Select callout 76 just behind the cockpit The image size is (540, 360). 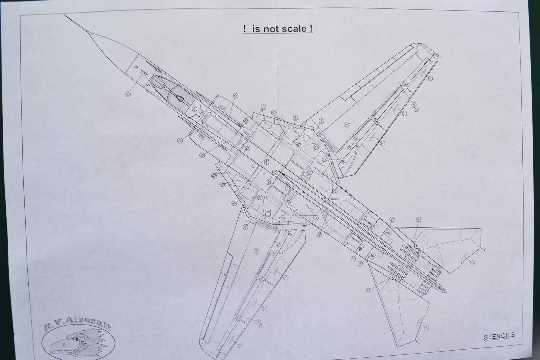[194, 109]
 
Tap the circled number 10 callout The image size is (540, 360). [246, 120]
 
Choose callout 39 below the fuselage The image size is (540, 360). [319, 234]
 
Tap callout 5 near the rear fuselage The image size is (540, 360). [353, 259]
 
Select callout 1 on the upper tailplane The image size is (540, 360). [473, 262]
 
